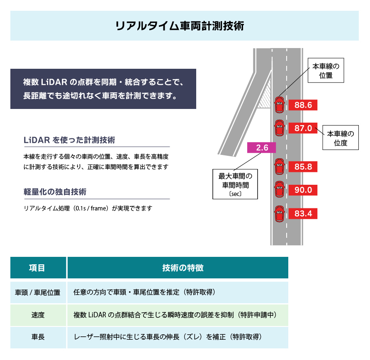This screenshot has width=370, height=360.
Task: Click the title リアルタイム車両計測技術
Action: (x=180, y=26)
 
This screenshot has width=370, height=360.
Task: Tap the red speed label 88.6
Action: (x=303, y=105)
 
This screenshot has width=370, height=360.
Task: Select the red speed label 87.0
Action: (x=303, y=128)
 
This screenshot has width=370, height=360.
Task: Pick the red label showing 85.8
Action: (x=303, y=167)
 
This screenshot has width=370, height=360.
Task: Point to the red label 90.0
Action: (x=303, y=190)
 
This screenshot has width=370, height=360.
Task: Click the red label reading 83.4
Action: (x=303, y=213)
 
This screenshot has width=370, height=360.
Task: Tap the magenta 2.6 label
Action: (x=261, y=147)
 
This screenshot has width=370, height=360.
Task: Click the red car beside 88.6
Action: (x=280, y=105)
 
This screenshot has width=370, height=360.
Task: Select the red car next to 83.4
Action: (x=280, y=214)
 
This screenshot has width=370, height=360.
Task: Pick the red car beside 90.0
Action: (x=280, y=189)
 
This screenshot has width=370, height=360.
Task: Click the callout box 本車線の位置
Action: (x=326, y=70)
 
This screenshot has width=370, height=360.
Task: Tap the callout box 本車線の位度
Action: (x=341, y=138)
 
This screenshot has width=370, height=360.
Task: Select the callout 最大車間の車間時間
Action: (x=235, y=184)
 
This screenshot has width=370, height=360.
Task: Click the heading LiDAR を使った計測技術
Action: (x=69, y=140)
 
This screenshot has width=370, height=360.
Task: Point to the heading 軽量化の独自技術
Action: (x=55, y=192)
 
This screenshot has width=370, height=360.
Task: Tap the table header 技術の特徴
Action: (x=178, y=268)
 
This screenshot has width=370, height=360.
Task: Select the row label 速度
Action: (x=38, y=315)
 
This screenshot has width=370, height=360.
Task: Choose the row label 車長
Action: (x=38, y=337)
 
